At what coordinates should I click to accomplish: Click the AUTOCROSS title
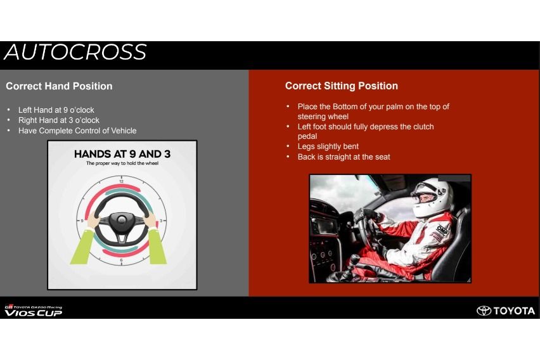tap(75, 53)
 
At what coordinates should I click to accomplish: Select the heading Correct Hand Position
tap(59, 86)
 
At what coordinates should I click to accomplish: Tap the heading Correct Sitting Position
tap(341, 86)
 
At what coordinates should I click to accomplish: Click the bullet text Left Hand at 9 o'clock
tap(56, 110)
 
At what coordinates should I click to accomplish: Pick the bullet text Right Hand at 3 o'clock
tap(59, 120)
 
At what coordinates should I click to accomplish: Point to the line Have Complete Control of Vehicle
tap(77, 131)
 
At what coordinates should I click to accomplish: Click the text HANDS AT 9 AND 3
tap(122, 154)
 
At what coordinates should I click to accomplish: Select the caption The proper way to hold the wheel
tap(122, 164)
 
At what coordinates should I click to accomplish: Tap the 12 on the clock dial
tap(121, 181)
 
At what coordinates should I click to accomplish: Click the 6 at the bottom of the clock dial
tap(121, 260)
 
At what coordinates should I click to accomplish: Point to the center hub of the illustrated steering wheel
tap(121, 220)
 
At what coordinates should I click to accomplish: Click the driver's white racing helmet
tap(432, 197)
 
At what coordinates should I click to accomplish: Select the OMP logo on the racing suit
tap(442, 230)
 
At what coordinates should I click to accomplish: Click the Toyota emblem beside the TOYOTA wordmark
tap(484, 311)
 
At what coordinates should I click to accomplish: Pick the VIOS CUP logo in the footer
tap(34, 311)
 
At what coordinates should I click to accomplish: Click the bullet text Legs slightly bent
tap(328, 146)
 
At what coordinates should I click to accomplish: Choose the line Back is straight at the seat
tap(344, 157)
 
